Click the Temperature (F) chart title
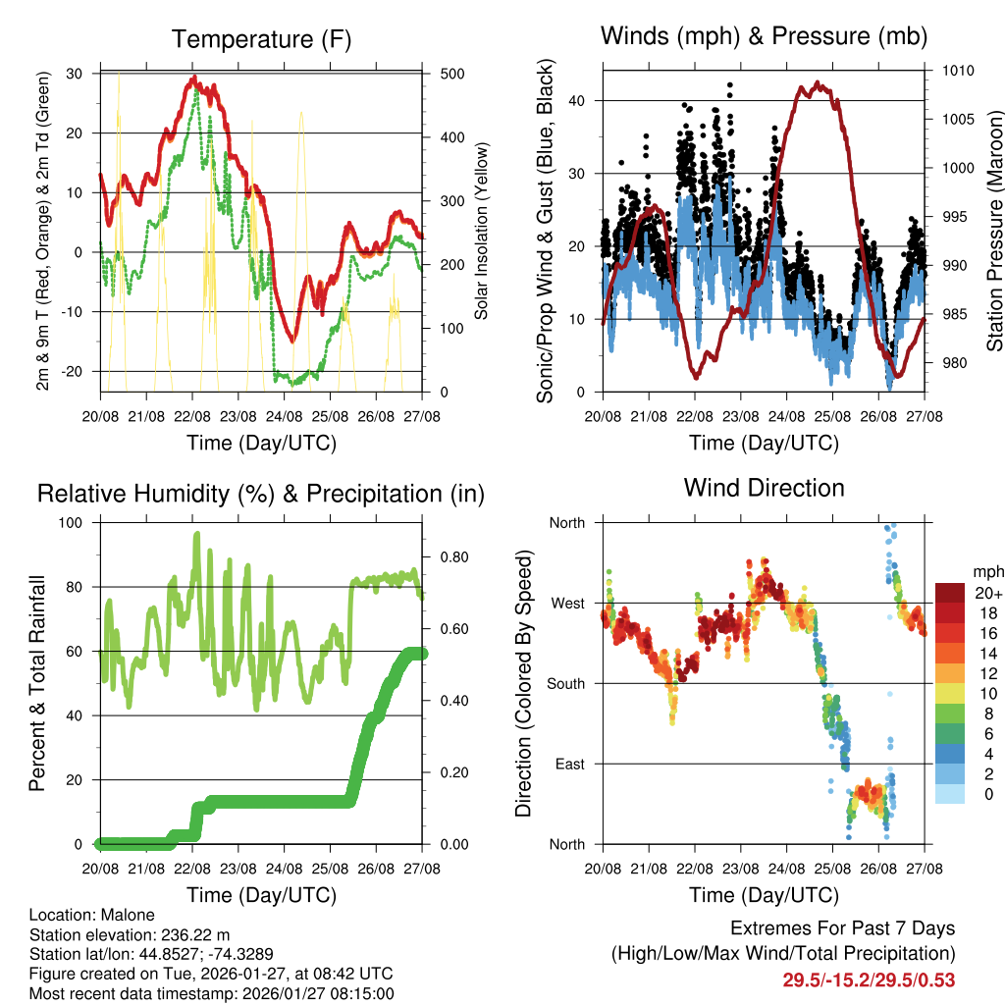click(x=260, y=39)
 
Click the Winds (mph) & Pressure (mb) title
click(x=764, y=36)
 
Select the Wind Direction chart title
click(x=764, y=487)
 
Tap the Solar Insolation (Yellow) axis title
click(x=482, y=233)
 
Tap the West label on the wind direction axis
click(x=568, y=603)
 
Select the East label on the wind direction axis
click(x=570, y=764)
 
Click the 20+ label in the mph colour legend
click(x=987, y=593)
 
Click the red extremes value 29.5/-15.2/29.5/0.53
click(x=869, y=979)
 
